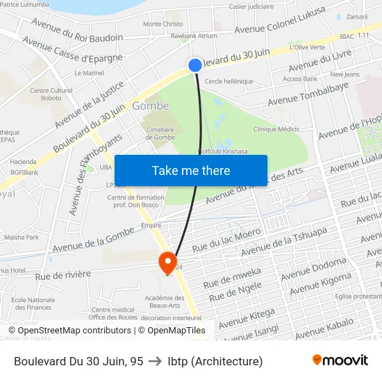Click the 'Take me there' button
coord(191,171)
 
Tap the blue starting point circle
coord(195,65)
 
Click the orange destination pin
coord(167,263)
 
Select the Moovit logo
coord(340,360)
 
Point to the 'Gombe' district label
coord(150,106)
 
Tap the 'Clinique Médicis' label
coord(276,129)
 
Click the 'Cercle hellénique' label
coord(229,81)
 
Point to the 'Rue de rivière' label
coord(63,274)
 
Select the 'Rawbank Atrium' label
coord(194,36)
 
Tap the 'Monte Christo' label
coord(163,24)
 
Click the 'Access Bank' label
coord(300,79)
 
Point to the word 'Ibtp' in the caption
coord(178,361)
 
